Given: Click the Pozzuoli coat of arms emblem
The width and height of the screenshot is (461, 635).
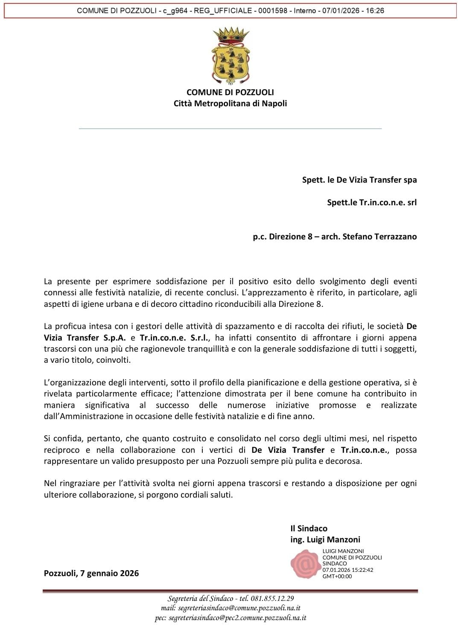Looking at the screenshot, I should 230,56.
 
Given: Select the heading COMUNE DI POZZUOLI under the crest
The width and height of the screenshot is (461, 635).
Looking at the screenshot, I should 230,92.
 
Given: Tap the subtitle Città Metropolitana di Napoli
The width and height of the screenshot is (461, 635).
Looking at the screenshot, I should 230,103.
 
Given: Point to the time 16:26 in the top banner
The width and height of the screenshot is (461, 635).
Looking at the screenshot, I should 374,11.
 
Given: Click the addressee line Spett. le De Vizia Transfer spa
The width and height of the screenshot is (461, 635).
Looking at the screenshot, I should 359,180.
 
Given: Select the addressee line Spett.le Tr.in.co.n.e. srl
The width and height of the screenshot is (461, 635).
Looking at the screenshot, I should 372,202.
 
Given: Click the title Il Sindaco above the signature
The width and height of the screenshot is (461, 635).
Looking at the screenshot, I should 309,528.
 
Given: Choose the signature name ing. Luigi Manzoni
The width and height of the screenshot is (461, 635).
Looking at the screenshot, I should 325,539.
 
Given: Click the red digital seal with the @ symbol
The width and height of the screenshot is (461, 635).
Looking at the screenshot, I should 305,564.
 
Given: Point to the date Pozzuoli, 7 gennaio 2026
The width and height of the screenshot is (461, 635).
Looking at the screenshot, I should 91,573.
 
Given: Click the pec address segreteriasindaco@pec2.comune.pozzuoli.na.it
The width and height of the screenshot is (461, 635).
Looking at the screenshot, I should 237,618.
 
